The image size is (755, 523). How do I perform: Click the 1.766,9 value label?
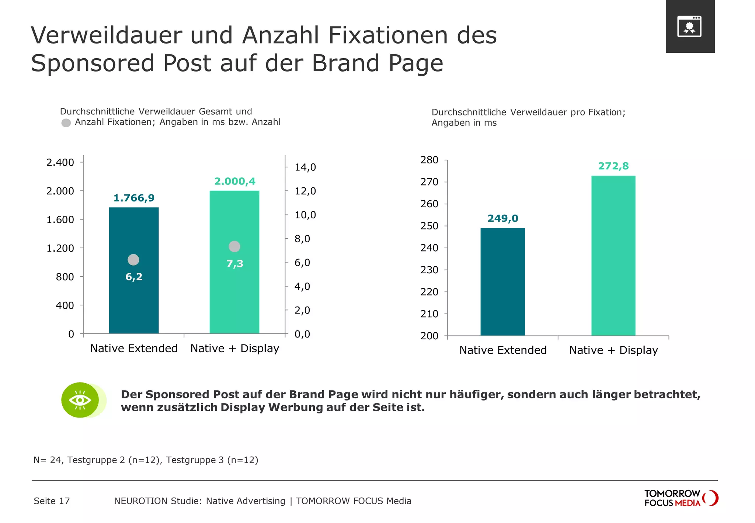[134, 198]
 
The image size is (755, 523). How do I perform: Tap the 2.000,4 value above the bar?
[235, 181]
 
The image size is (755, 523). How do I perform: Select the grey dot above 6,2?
[133, 260]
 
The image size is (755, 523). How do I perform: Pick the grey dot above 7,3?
[234, 246]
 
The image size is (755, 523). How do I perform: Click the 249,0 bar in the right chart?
[502, 282]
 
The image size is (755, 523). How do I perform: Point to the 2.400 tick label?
[60, 162]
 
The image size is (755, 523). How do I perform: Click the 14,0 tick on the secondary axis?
[305, 167]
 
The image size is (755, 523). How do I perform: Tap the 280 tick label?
[429, 160]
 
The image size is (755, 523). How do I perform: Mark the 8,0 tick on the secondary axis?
[302, 239]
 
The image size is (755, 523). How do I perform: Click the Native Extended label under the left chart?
[134, 348]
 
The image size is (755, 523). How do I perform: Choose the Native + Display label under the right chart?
[613, 350]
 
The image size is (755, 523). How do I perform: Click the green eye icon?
[80, 400]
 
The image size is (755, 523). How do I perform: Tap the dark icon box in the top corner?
[690, 27]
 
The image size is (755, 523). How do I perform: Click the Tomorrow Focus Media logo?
[681, 498]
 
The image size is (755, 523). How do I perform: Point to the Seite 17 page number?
[52, 501]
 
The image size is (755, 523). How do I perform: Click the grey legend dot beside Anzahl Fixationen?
[66, 123]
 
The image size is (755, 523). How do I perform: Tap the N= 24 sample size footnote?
[146, 460]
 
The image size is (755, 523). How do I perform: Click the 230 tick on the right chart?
[429, 270]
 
